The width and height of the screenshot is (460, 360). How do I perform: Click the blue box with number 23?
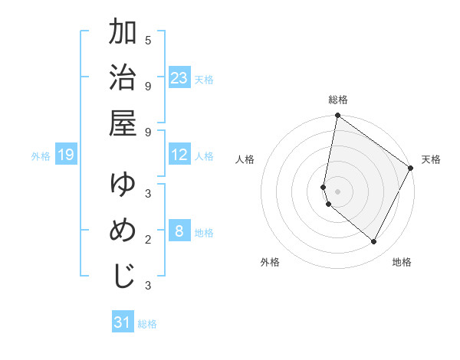(x=179, y=78)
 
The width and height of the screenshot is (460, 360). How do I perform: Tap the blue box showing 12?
(x=179, y=155)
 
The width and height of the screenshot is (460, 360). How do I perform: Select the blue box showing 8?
(x=179, y=232)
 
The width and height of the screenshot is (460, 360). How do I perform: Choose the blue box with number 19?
(x=65, y=155)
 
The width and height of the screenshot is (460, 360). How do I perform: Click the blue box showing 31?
(x=123, y=322)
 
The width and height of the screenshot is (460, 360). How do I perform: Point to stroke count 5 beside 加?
(x=148, y=39)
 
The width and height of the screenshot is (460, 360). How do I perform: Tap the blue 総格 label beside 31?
(x=147, y=324)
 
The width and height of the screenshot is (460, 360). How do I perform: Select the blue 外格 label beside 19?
(x=41, y=156)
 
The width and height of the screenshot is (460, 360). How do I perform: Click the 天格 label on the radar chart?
(x=431, y=159)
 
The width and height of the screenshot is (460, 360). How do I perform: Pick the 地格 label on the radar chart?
(x=402, y=262)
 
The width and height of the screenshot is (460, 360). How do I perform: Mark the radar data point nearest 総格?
(x=337, y=116)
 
